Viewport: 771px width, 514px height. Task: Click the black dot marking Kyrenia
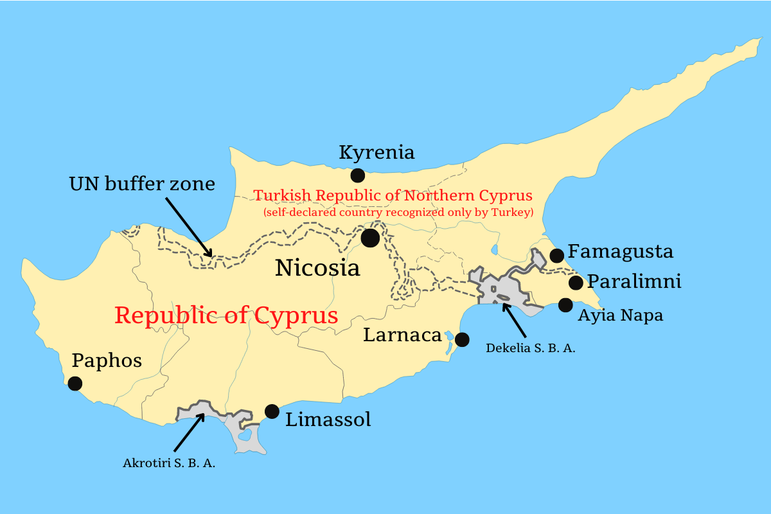pyautogui.click(x=357, y=175)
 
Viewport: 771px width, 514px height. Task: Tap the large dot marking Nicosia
pyautogui.click(x=370, y=238)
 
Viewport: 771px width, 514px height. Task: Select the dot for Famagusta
pyautogui.click(x=556, y=256)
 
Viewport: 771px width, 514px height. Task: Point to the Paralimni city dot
pyautogui.click(x=576, y=283)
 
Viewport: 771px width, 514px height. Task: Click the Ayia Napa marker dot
pyautogui.click(x=565, y=305)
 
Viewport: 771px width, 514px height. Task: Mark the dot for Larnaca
pyautogui.click(x=461, y=339)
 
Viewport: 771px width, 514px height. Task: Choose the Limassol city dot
pyautogui.click(x=272, y=411)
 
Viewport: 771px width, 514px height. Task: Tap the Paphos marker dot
pyautogui.click(x=75, y=384)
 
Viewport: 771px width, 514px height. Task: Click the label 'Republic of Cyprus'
pyautogui.click(x=226, y=315)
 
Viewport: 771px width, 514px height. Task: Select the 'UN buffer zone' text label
pyautogui.click(x=142, y=184)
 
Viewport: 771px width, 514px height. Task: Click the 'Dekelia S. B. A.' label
pyautogui.click(x=530, y=349)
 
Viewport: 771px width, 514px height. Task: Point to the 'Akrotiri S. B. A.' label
pyautogui.click(x=169, y=463)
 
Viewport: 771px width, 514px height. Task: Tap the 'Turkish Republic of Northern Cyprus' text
pyautogui.click(x=393, y=195)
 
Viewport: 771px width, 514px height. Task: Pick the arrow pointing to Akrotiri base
pyautogui.click(x=189, y=432)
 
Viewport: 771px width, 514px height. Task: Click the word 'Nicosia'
pyautogui.click(x=317, y=268)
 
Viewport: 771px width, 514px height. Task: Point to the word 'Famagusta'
pyautogui.click(x=621, y=251)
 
